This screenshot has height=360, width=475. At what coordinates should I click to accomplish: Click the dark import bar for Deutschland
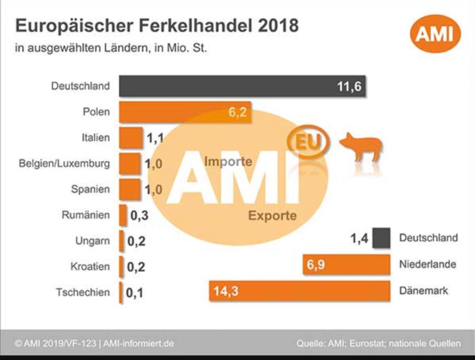click(242, 86)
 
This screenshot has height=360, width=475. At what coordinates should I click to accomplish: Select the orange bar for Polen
click(185, 112)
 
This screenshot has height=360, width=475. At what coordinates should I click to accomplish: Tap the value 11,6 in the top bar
click(349, 87)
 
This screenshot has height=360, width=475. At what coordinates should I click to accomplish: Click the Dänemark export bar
click(300, 291)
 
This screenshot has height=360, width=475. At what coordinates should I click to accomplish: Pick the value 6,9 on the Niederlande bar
click(316, 265)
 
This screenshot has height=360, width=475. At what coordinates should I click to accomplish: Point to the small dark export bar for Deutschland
click(381, 238)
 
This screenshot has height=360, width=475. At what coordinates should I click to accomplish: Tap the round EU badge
click(308, 141)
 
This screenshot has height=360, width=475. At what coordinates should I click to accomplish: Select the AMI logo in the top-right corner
click(435, 33)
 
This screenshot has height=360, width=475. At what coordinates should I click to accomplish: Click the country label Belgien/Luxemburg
click(64, 163)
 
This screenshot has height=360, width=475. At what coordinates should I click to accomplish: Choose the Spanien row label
click(90, 189)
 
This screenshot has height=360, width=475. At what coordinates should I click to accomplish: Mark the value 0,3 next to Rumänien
click(139, 215)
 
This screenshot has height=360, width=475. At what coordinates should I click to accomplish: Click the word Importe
click(228, 161)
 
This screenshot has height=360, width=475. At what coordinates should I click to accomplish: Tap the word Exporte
click(272, 215)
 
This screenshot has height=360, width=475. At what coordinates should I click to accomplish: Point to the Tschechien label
click(82, 293)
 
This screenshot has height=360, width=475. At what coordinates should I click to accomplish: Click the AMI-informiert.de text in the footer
click(138, 344)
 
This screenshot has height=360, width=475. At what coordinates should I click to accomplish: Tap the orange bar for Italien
click(131, 138)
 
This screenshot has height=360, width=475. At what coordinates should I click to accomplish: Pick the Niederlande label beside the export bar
click(427, 265)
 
